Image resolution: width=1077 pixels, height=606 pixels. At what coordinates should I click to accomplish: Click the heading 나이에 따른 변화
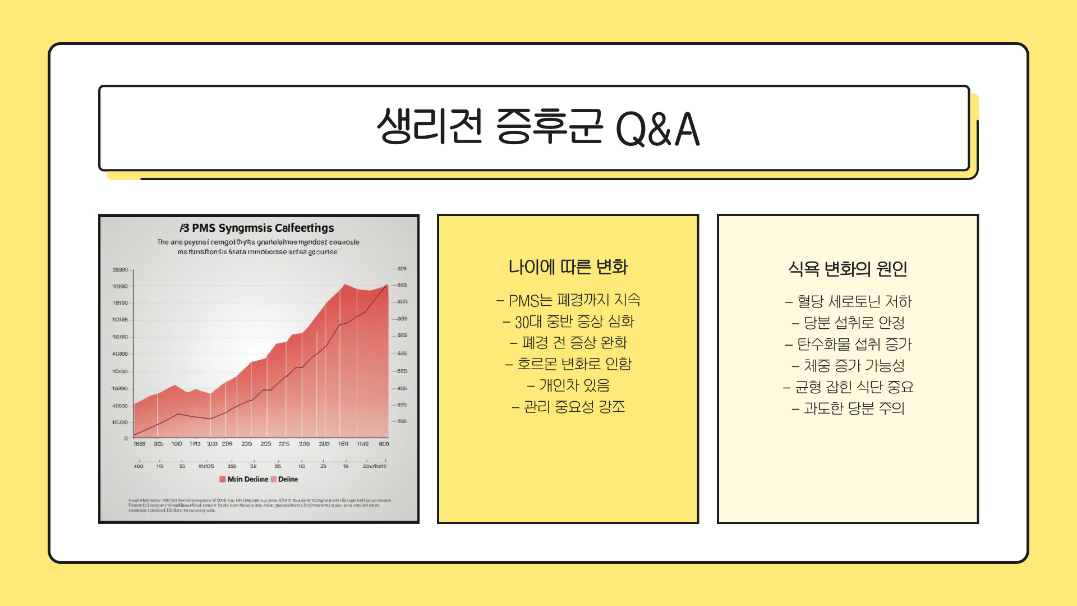pyautogui.click(x=568, y=267)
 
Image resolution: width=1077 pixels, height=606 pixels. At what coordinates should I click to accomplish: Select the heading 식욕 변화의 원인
pyautogui.click(x=848, y=269)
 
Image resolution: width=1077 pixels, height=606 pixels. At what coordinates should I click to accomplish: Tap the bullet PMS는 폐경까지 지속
pyautogui.click(x=568, y=300)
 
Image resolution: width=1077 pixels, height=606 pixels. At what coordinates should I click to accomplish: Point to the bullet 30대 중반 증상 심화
pyautogui.click(x=568, y=322)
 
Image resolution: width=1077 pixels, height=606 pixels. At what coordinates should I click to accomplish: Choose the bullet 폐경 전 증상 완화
pyautogui.click(x=568, y=342)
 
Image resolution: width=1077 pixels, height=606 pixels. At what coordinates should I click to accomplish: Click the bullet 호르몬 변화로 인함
pyautogui.click(x=568, y=364)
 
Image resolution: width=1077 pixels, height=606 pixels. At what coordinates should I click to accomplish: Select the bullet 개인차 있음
pyautogui.click(x=568, y=385)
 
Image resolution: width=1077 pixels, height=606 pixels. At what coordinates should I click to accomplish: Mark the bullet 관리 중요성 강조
pyautogui.click(x=568, y=406)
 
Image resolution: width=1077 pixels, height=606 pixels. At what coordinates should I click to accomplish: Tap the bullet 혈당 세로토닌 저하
pyautogui.click(x=848, y=301)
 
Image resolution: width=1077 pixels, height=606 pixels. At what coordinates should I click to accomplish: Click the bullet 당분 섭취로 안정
pyautogui.click(x=848, y=323)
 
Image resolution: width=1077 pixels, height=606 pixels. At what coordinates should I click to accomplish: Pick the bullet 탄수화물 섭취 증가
pyautogui.click(x=848, y=344)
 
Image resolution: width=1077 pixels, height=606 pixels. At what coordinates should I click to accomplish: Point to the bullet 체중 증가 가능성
pyautogui.click(x=848, y=365)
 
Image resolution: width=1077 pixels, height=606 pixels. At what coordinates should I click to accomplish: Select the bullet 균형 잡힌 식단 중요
pyautogui.click(x=848, y=387)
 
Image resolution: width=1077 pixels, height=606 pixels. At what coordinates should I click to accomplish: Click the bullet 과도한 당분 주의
pyautogui.click(x=848, y=408)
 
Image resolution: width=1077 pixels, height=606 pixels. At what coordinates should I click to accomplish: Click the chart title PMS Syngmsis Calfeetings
pyautogui.click(x=257, y=228)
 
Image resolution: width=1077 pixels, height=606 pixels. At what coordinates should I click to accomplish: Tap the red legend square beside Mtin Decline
pyautogui.click(x=222, y=479)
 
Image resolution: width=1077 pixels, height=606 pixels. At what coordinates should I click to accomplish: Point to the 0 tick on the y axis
pyautogui.click(x=126, y=438)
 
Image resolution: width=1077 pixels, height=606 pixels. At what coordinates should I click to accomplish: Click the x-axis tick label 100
pyautogui.click(x=177, y=444)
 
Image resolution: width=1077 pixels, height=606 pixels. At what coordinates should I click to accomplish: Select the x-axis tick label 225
pyautogui.click(x=284, y=444)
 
